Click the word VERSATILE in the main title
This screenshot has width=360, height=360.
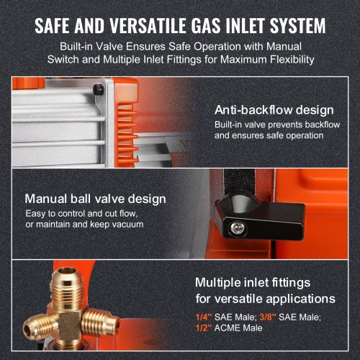click(148, 25)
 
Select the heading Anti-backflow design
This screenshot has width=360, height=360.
click(274, 110)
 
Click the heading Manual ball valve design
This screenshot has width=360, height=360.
click(95, 199)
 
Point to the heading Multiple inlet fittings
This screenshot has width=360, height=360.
click(253, 282)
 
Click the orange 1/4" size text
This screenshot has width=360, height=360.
click(204, 317)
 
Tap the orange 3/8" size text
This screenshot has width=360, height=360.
click(268, 317)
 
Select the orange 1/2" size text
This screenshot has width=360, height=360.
click(204, 328)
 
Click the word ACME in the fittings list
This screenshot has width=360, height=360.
click(227, 328)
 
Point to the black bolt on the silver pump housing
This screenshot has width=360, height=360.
click(98, 89)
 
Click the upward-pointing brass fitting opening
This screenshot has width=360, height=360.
click(68, 271)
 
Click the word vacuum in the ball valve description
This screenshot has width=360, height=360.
click(127, 225)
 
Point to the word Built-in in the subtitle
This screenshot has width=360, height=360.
click(76, 46)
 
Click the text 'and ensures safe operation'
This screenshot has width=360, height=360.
click(269, 135)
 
